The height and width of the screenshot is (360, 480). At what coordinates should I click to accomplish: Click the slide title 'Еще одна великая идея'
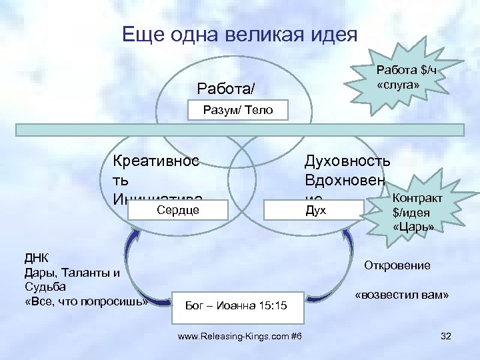point(240,34)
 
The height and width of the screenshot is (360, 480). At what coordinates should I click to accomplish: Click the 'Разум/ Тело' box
point(238,110)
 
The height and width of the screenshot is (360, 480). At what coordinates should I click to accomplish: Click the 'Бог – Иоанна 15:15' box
point(237,306)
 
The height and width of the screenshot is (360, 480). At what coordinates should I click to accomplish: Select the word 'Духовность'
point(347,160)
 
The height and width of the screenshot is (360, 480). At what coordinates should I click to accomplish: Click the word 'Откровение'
point(397,265)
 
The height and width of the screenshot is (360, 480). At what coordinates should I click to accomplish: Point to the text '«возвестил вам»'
point(401,295)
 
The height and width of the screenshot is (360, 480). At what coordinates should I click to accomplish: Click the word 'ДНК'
point(37,257)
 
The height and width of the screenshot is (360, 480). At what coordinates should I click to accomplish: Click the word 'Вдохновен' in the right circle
point(344,180)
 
